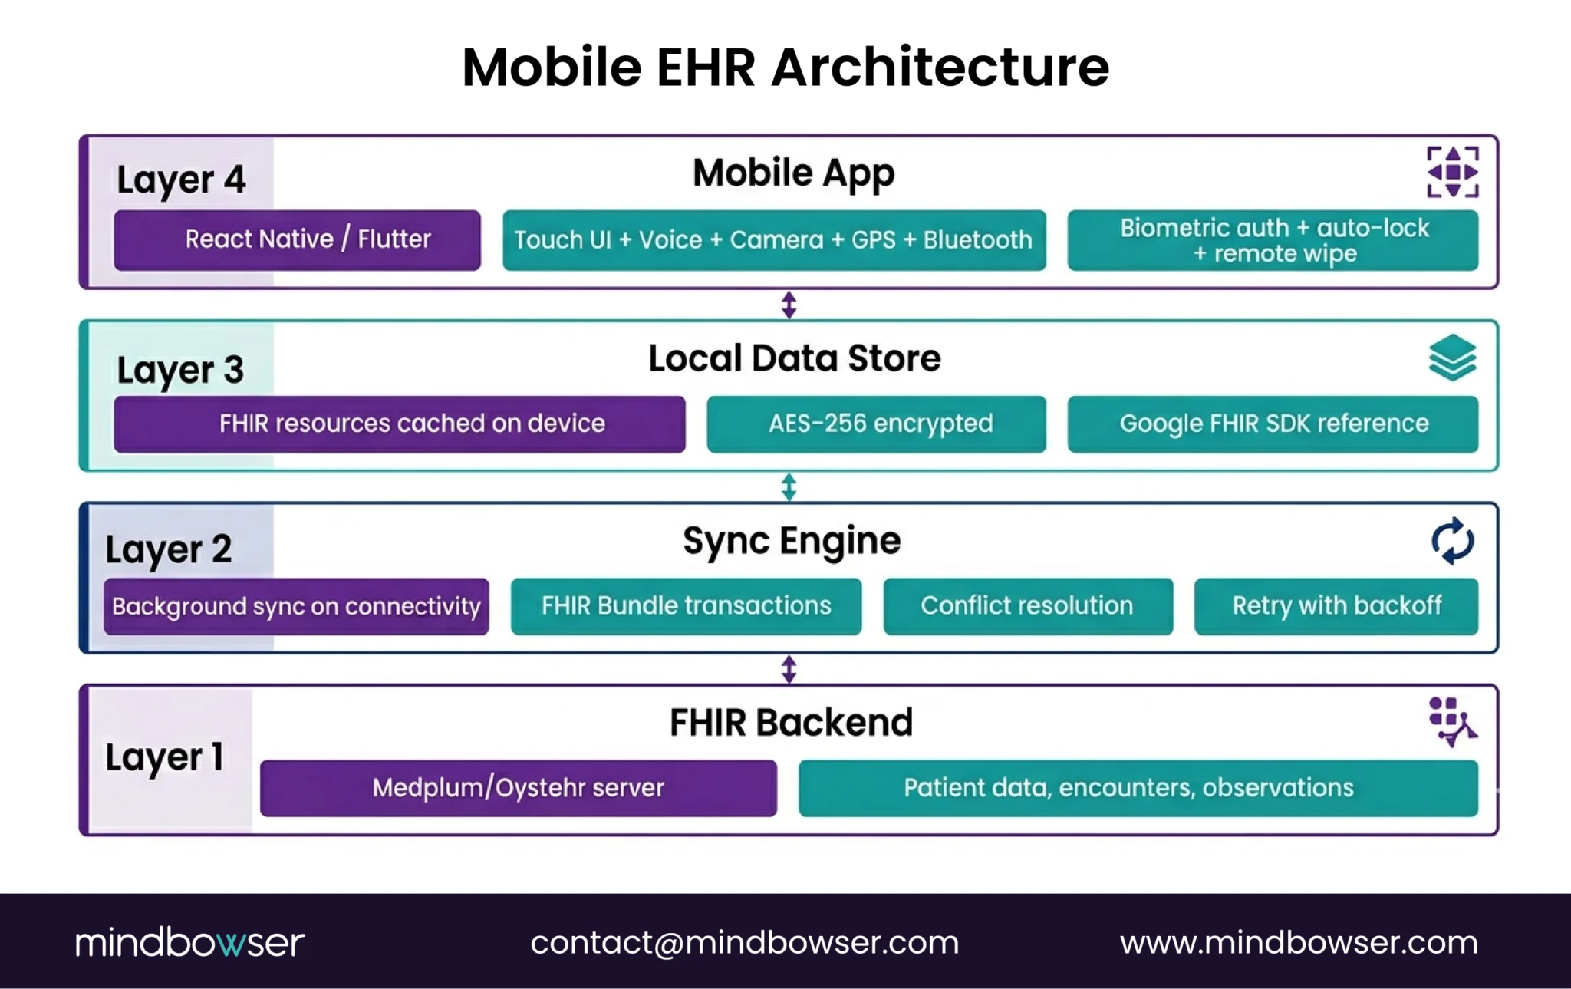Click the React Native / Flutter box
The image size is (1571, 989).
tap(297, 240)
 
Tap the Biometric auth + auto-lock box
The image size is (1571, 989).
tap(1272, 240)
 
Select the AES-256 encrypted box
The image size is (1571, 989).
tap(876, 424)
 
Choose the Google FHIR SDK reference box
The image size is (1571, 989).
tap(1272, 424)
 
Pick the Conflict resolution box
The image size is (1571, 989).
tap(1027, 606)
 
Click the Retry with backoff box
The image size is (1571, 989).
tap(1336, 606)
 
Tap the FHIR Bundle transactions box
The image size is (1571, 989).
tap(686, 606)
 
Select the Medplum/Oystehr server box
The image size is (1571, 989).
tap(518, 788)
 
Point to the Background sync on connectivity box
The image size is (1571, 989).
tap(296, 606)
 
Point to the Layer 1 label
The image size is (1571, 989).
tap(164, 757)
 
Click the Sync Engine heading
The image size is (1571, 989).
tap(792, 541)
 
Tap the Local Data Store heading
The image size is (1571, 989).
tap(794, 358)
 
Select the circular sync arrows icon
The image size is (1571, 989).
tap(1452, 541)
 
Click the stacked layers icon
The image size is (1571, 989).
tap(1452, 358)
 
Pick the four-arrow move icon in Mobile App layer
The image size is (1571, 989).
tap(1452, 173)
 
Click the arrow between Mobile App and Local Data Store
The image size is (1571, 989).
tap(789, 305)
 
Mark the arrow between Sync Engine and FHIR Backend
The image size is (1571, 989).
tap(789, 669)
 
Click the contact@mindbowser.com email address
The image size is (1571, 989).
tap(744, 942)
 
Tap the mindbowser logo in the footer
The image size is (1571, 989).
tap(189, 942)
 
